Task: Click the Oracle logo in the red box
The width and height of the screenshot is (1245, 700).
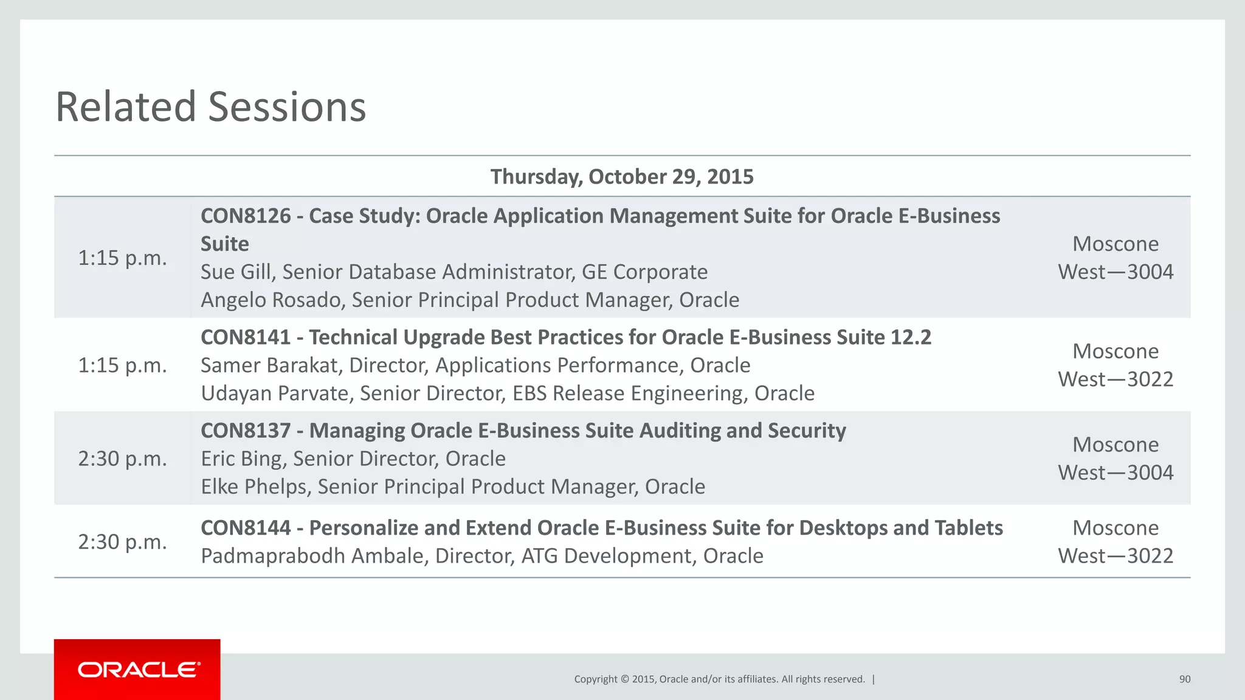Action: coord(138,670)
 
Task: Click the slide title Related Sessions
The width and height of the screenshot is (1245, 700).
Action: coord(210,107)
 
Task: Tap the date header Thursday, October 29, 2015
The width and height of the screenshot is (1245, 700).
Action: coord(622,177)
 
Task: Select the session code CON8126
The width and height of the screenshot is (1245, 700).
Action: coord(246,216)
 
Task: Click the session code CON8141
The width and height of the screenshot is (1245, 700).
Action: coord(246,337)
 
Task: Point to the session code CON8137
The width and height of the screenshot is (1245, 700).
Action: coord(246,431)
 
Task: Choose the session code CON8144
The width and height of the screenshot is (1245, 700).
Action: coord(246,528)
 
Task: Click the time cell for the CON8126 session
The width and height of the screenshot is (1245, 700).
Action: coord(122,258)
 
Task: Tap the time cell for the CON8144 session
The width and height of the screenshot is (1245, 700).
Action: coord(122,542)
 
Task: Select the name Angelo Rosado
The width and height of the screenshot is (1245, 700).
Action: coord(271,300)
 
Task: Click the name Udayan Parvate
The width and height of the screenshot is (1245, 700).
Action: coord(275,394)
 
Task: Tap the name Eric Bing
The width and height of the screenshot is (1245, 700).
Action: coord(241,459)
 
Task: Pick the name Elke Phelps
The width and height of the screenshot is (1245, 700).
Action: coord(253,487)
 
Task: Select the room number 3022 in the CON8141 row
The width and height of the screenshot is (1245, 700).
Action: coord(1150,380)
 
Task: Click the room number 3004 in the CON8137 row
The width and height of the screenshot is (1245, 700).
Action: coord(1150,473)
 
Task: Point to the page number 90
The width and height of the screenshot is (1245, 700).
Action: coord(1184,679)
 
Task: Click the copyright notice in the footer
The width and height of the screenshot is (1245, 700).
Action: coord(719,679)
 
